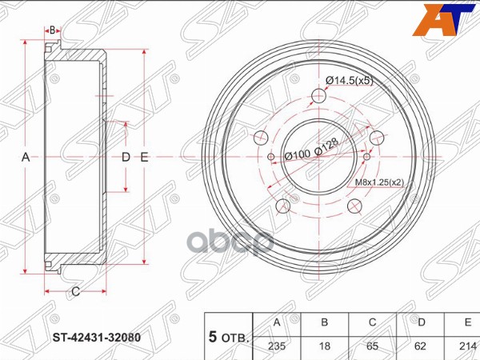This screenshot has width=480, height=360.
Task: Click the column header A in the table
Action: (x=277, y=322)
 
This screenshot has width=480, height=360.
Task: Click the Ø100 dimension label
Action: (x=298, y=154)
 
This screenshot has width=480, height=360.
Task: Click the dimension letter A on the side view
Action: (x=26, y=158)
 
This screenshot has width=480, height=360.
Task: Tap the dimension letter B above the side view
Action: (x=52, y=30)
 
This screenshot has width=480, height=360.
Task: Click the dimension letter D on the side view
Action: (x=126, y=158)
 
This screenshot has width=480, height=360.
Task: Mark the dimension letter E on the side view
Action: (x=145, y=158)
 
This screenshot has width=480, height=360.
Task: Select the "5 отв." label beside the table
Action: (x=228, y=338)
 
